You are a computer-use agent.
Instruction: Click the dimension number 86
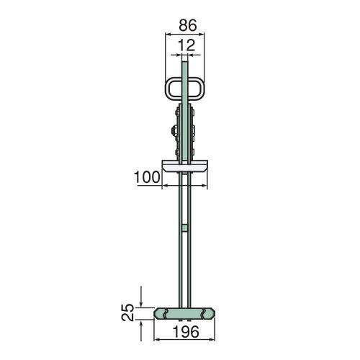tap(188, 25)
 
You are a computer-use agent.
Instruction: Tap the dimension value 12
tap(186, 45)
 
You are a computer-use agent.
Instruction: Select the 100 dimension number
tap(147, 177)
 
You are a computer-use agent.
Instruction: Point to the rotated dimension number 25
tap(128, 312)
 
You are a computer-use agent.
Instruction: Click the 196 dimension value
tap(186, 332)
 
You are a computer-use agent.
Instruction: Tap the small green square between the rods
tap(184, 228)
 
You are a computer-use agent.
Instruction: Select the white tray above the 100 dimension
tap(184, 166)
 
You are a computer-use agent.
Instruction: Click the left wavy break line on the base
tap(165, 313)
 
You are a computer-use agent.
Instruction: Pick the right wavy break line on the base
tap(204, 313)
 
